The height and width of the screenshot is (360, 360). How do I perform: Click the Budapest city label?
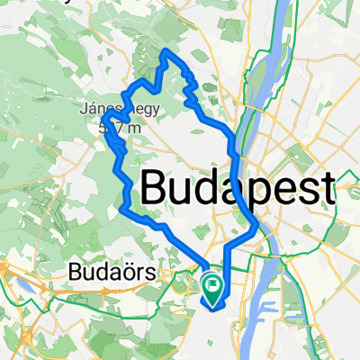coord(238,190)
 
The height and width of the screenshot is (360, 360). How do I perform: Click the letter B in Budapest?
coord(156,190)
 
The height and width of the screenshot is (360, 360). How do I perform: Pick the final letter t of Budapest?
coord(326,190)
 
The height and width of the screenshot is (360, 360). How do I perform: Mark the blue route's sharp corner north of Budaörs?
coord(121,208)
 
